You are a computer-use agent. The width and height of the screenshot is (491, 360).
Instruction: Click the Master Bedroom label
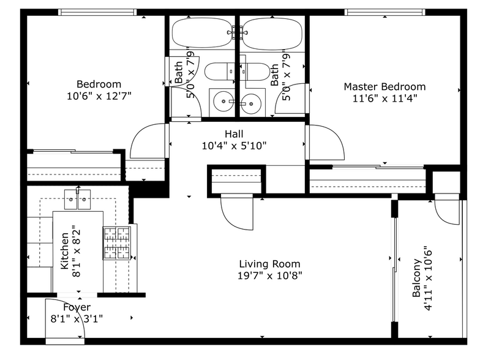click(384, 87)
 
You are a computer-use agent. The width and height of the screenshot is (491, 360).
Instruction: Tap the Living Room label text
click(269, 264)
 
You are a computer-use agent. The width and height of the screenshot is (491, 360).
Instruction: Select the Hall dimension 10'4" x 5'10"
click(234, 146)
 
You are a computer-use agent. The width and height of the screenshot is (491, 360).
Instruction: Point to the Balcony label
click(416, 278)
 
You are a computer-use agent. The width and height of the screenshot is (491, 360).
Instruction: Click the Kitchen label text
click(64, 251)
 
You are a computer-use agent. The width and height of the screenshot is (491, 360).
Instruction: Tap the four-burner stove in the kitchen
click(117, 243)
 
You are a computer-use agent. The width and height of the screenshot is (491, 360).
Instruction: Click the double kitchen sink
click(77, 199)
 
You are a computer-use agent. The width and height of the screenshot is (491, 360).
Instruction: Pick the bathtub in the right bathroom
click(272, 34)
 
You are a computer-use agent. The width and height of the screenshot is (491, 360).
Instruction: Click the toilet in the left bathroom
click(220, 72)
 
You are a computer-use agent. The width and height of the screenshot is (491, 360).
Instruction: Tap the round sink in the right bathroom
click(251, 103)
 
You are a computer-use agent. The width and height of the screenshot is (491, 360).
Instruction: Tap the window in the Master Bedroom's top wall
click(385, 12)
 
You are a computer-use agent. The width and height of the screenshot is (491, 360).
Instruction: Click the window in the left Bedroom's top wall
click(97, 12)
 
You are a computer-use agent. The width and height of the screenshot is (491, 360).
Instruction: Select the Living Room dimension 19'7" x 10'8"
click(269, 276)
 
